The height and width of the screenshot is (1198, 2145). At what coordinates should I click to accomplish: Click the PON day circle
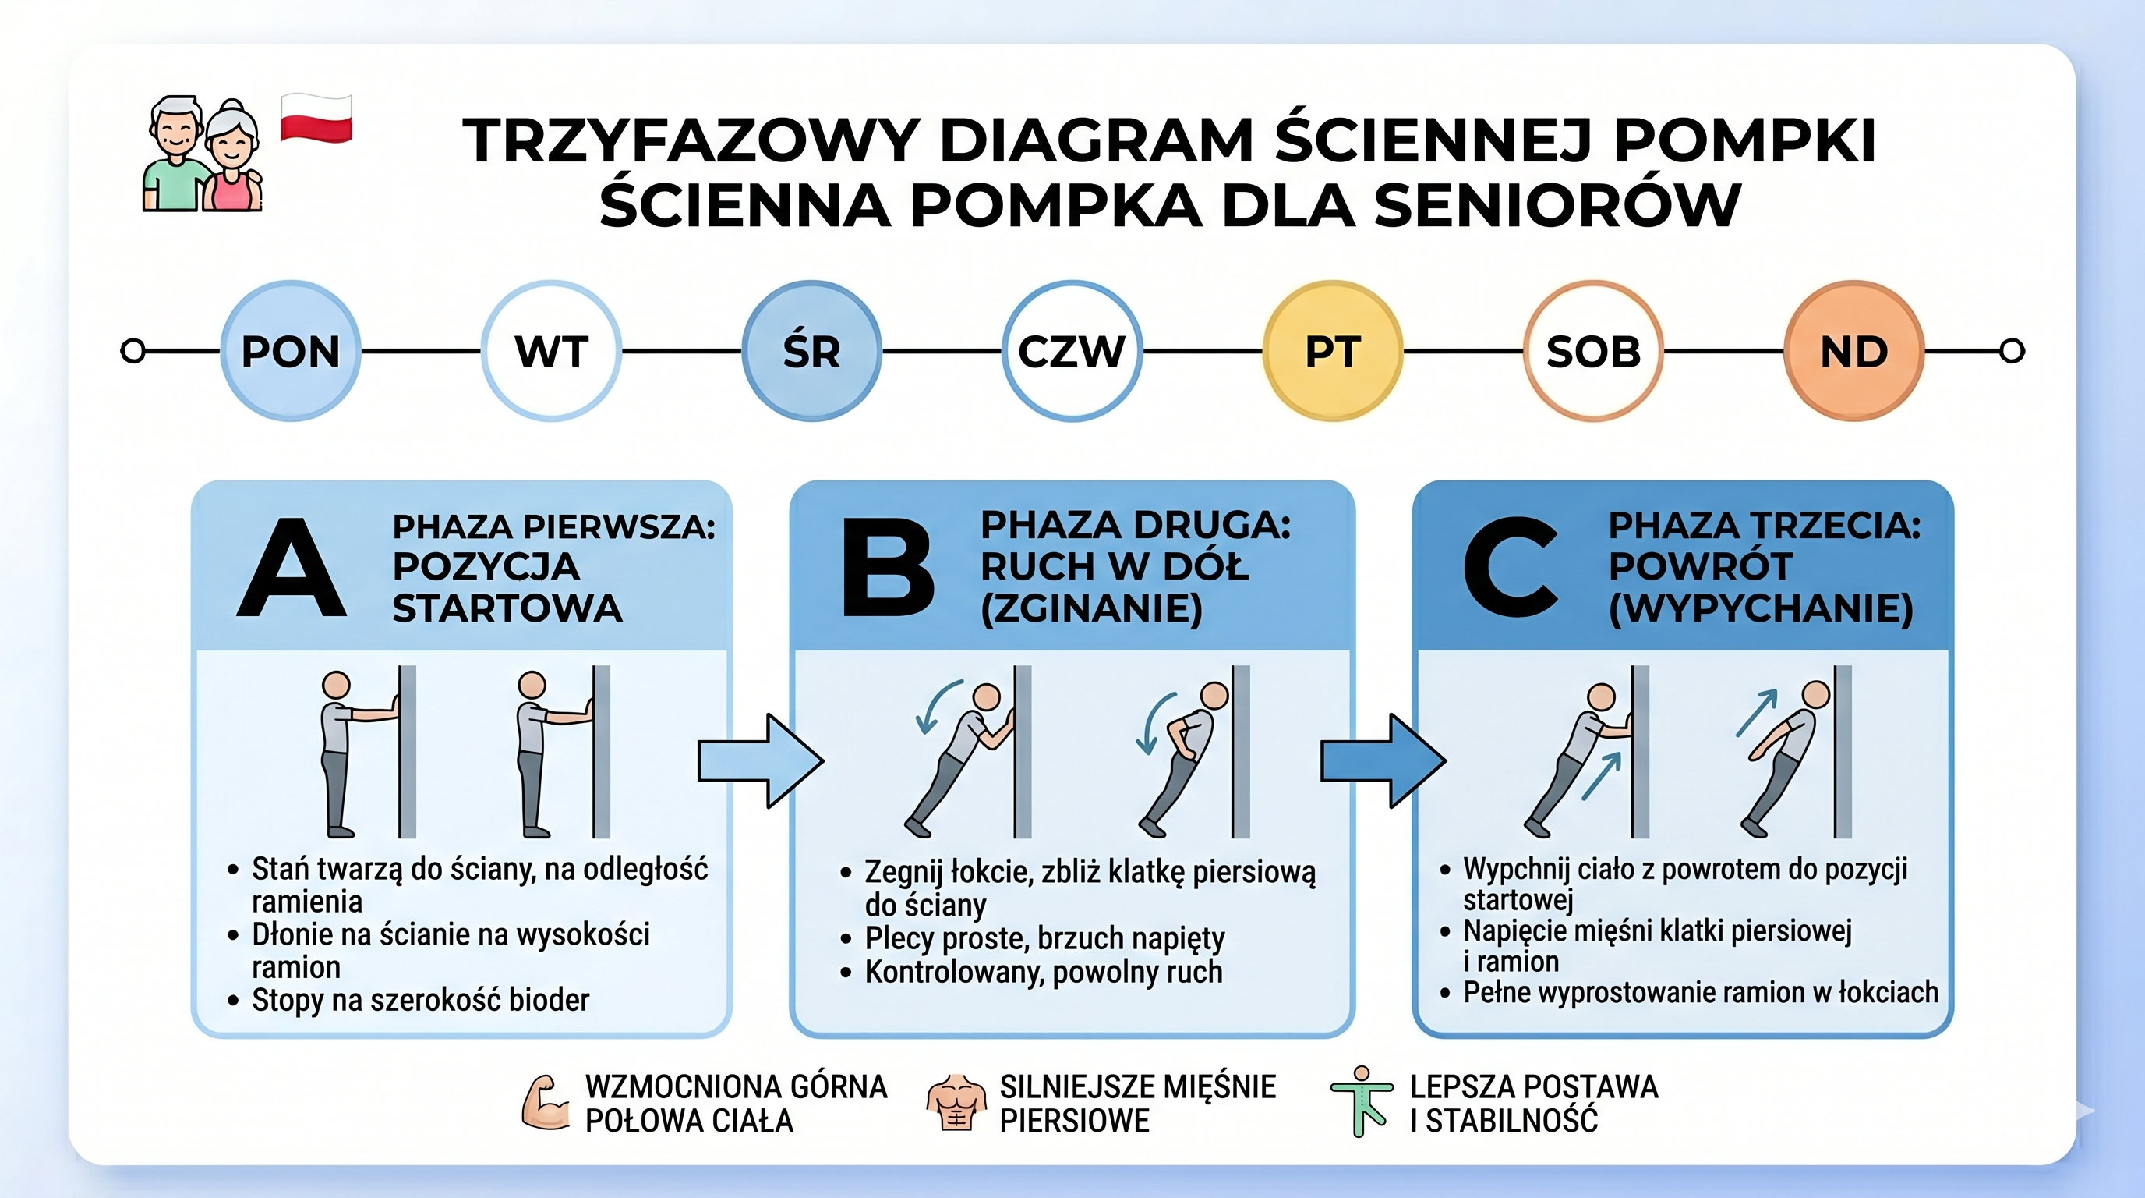tap(291, 351)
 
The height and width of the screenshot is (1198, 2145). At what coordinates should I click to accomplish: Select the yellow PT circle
tap(1332, 351)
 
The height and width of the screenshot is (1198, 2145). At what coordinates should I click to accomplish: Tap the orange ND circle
tap(1853, 351)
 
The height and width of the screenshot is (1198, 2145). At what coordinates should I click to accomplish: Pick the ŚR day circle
tap(811, 351)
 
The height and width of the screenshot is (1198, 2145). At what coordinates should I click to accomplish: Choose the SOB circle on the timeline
tap(1593, 351)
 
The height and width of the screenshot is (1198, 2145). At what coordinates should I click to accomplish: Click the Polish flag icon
tap(316, 119)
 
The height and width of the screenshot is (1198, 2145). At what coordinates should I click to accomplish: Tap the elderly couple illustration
tap(203, 154)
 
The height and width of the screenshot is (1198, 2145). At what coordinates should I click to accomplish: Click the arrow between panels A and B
tap(759, 760)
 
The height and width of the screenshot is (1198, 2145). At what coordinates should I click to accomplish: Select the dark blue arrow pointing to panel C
tap(1382, 760)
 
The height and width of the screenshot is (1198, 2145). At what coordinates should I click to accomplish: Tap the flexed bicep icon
tap(546, 1102)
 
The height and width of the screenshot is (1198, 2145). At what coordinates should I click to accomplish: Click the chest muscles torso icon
tap(956, 1102)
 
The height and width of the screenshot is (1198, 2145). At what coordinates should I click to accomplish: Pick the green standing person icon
tap(1362, 1102)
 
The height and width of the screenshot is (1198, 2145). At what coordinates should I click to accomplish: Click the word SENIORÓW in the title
tap(1557, 206)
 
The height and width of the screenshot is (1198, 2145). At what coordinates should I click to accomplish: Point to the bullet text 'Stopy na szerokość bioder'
tap(421, 1000)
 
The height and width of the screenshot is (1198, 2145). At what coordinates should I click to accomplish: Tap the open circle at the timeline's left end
tap(133, 351)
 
